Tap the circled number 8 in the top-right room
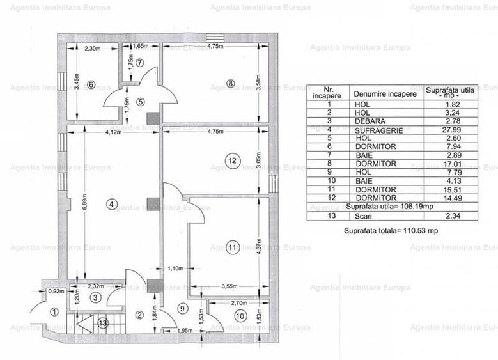(231, 82)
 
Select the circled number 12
(231, 161)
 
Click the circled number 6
(91, 84)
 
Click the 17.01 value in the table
(450, 164)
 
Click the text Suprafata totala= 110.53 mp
(391, 230)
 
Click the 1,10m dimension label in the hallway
(175, 268)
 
